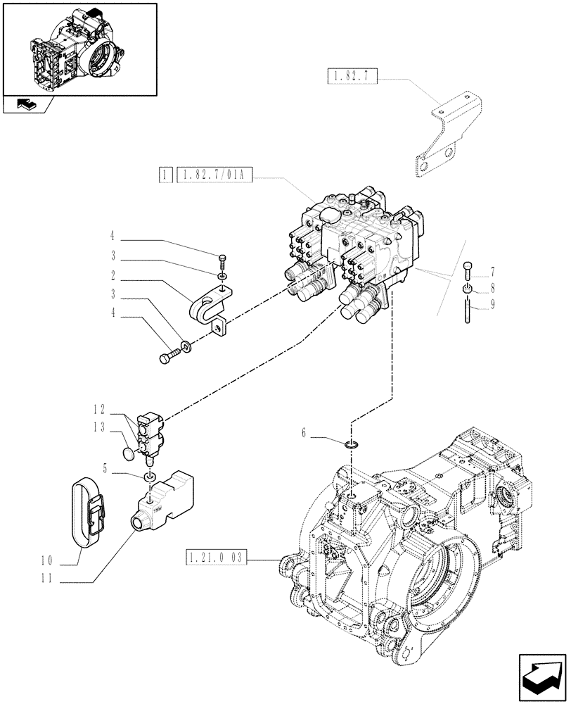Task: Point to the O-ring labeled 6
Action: tap(352, 444)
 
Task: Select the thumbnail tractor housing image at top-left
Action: tap(79, 49)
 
